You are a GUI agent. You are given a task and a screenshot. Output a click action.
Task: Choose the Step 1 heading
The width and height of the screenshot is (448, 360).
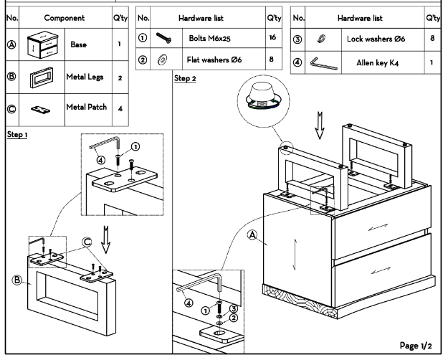[x=17, y=135]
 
